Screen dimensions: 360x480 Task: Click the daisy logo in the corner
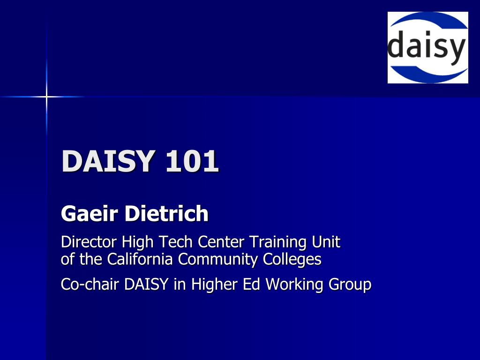pos(427,47)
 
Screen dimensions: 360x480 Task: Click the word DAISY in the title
pos(107,161)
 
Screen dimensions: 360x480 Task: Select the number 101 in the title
pos(192,161)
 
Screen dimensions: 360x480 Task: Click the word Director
pos(89,242)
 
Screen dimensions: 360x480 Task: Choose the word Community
pos(217,260)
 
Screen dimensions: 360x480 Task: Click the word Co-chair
pos(90,284)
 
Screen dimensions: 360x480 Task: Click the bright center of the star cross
pos(46,97)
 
